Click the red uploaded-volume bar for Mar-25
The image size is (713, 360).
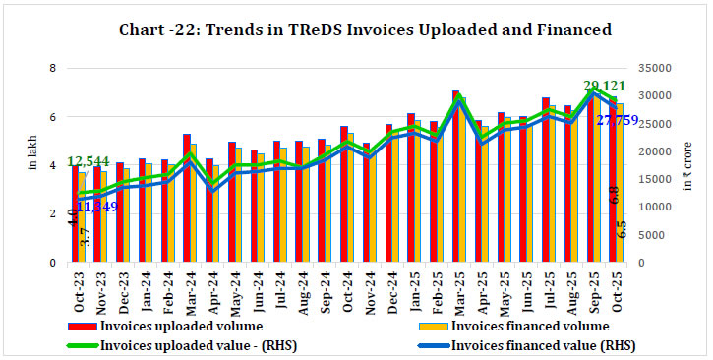pyautogui.click(x=455, y=177)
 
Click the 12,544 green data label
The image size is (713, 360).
pyautogui.click(x=88, y=161)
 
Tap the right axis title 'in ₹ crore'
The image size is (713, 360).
pyautogui.click(x=689, y=167)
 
